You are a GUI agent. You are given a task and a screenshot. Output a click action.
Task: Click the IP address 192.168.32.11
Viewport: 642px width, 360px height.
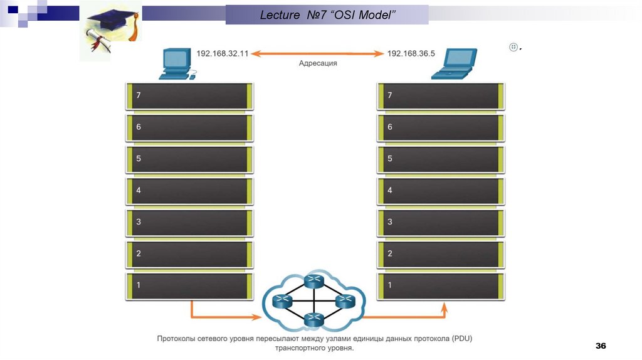click(223, 54)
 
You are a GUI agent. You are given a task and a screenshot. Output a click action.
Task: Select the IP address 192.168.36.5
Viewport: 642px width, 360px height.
click(411, 54)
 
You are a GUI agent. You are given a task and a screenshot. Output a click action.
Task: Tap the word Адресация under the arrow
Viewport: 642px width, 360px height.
click(318, 63)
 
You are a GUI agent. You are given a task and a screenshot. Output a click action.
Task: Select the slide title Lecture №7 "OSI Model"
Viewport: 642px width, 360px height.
click(327, 15)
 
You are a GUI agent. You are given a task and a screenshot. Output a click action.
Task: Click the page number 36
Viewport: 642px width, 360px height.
click(601, 346)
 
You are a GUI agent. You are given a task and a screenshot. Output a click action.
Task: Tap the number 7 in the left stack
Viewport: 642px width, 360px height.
click(139, 95)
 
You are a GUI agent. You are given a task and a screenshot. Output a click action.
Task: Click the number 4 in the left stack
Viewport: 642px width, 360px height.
click(139, 190)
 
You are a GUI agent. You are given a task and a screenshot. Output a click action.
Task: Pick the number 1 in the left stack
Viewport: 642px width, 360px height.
click(139, 285)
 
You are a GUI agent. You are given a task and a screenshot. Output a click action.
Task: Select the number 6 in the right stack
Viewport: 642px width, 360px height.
click(390, 127)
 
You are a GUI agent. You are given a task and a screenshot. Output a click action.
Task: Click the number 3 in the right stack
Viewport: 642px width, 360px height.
click(390, 222)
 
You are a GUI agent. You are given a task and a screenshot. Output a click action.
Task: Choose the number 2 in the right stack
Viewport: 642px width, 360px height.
click(390, 253)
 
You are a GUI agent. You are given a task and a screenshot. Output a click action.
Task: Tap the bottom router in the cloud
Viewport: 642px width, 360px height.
click(312, 320)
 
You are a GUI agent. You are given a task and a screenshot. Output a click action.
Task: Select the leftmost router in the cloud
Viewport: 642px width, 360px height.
click(282, 302)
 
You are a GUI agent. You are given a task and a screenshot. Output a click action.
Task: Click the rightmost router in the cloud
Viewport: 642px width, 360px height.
click(343, 302)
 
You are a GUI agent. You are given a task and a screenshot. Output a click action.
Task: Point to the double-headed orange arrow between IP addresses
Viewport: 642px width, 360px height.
click(317, 54)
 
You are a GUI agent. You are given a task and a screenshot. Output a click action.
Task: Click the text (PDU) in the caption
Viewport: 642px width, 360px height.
click(461, 339)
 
